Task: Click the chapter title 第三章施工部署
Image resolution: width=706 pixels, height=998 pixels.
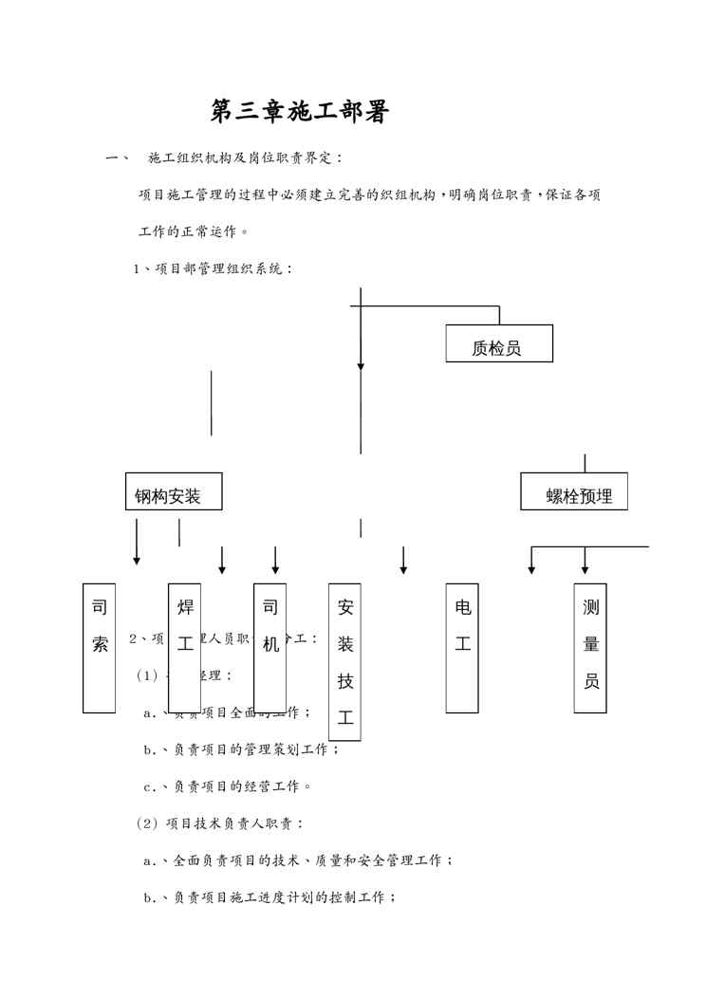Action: click(x=300, y=112)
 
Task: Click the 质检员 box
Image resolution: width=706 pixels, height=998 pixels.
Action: click(x=499, y=343)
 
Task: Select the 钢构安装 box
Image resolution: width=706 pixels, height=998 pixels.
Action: click(x=174, y=491)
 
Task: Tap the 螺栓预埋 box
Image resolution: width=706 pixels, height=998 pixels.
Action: click(x=574, y=491)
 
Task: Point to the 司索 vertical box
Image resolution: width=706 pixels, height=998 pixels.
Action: click(x=100, y=648)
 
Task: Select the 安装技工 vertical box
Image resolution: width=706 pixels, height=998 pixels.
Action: click(x=345, y=662)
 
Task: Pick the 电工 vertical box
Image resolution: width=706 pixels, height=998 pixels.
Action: click(x=462, y=648)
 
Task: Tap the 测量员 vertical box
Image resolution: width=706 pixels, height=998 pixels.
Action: click(x=590, y=648)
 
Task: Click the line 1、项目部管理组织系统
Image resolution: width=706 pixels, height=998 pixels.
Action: click(x=214, y=268)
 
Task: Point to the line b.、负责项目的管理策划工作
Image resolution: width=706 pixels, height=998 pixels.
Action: click(x=241, y=749)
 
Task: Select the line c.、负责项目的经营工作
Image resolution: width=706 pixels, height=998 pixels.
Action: click(x=228, y=786)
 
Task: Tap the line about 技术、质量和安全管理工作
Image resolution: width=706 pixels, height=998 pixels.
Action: click(x=298, y=860)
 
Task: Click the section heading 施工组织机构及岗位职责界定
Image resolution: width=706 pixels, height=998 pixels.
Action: click(x=246, y=157)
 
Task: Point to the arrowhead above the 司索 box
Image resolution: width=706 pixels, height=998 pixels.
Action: click(x=137, y=561)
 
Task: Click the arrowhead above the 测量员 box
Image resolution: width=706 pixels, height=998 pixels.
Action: click(x=585, y=568)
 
